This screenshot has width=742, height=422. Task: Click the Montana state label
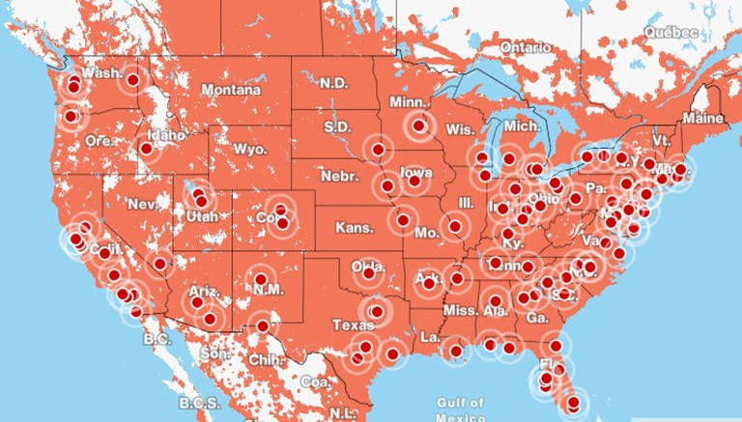coord(230,90)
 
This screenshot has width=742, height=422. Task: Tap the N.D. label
coord(334,82)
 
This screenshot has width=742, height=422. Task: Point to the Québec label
coord(672,32)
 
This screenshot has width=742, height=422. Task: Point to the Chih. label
coord(265,360)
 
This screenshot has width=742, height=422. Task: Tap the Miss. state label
coord(460,310)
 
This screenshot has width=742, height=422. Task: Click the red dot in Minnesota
coord(418,125)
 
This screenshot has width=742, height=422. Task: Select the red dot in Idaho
coord(146,149)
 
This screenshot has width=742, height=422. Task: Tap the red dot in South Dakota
coord(379,150)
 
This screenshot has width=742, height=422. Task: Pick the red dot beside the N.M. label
coord(261,279)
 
